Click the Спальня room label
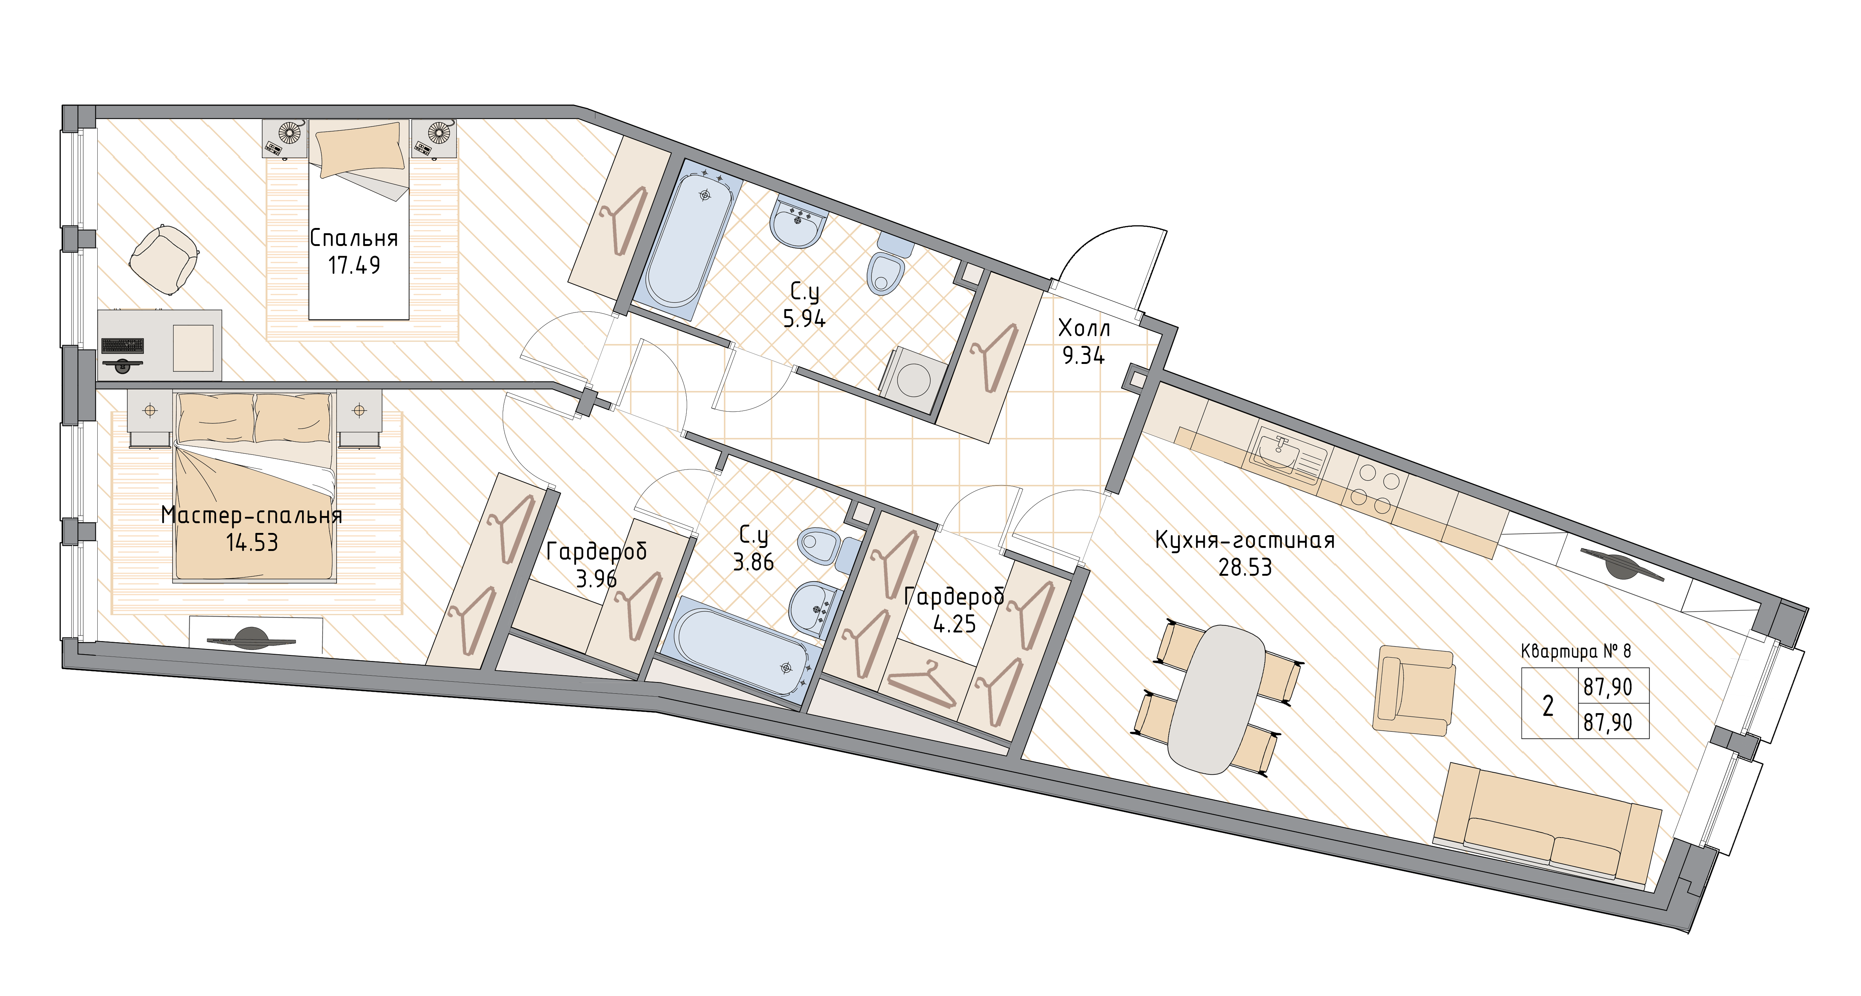coord(354,238)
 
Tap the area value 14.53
coord(252,542)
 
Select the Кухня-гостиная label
coord(1245,540)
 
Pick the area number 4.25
coord(954,623)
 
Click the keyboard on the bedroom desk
coord(123,345)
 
